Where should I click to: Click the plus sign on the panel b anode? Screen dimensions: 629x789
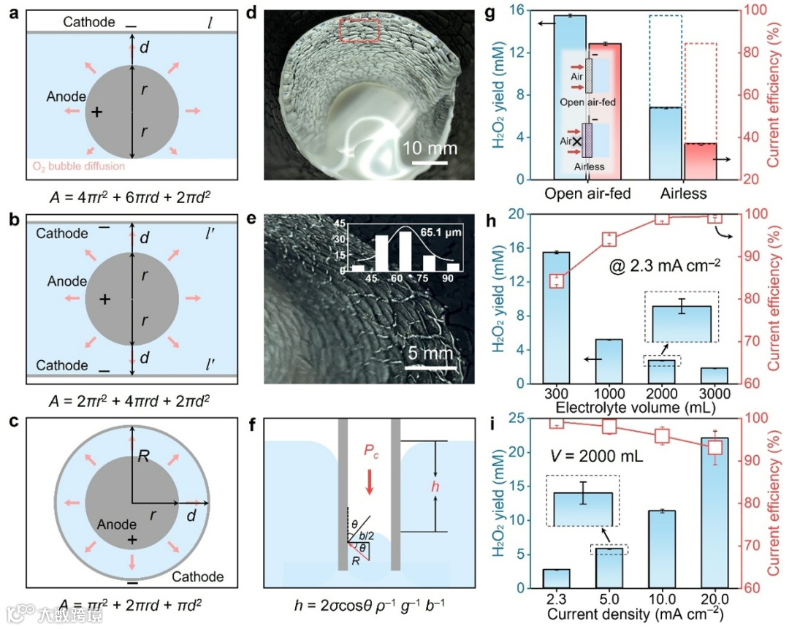click(105, 300)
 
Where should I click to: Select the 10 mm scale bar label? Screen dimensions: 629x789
click(430, 148)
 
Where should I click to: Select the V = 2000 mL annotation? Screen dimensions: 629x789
click(596, 457)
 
